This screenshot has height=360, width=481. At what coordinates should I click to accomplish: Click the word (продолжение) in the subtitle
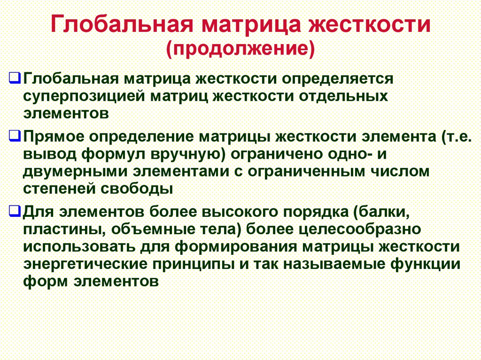tap(240, 48)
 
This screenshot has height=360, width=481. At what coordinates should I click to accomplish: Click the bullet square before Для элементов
tap(15, 211)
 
